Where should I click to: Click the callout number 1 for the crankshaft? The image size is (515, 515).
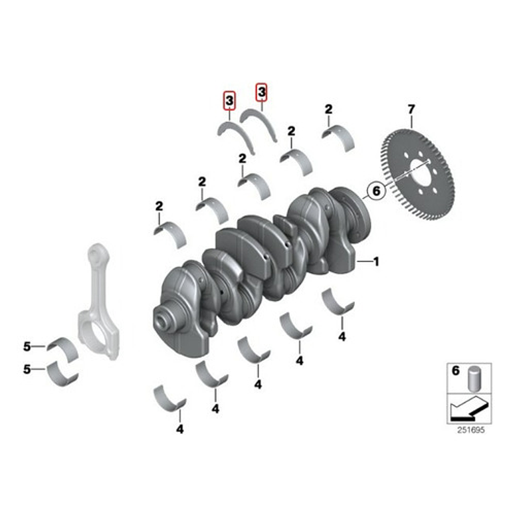[x=375, y=262]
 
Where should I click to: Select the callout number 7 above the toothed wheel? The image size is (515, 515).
[x=411, y=108]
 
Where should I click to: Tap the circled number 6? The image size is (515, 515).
[x=375, y=191]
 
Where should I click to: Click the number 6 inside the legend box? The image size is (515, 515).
[x=456, y=371]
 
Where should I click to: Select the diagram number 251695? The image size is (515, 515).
[x=470, y=430]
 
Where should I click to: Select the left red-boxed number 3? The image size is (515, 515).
[x=229, y=101]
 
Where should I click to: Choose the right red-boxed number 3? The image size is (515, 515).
[x=261, y=91]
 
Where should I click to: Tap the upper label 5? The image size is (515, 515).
[x=27, y=346]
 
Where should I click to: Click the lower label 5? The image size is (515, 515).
[x=27, y=369]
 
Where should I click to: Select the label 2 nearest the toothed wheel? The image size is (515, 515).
[x=328, y=109]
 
